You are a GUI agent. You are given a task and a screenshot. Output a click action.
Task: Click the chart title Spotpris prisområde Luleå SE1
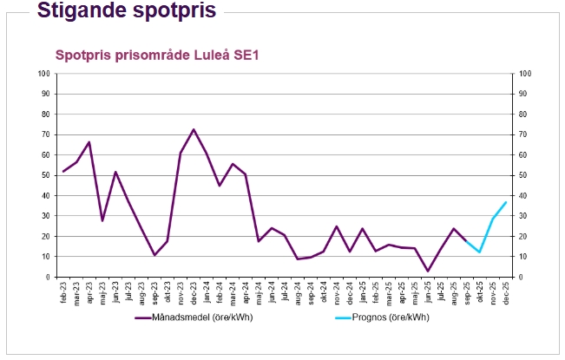click(158, 55)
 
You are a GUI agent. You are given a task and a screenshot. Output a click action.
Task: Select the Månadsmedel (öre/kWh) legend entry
click(194, 317)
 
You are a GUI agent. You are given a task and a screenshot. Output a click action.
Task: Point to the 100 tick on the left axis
click(43, 73)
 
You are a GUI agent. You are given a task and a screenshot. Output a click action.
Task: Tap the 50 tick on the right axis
click(524, 175)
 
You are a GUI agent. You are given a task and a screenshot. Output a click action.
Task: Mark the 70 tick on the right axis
click(524, 134)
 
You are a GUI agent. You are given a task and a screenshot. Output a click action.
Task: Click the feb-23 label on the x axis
click(63, 291)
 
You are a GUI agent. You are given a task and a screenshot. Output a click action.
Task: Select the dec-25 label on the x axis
click(505, 291)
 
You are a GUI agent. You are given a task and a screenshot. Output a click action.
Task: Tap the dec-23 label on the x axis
click(194, 291)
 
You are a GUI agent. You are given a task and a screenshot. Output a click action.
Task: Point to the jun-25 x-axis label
click(427, 291)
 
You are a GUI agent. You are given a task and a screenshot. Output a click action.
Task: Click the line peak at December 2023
click(194, 129)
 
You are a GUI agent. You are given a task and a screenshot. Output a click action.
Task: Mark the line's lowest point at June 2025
click(427, 271)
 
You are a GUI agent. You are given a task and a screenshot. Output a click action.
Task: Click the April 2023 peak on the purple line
click(89, 142)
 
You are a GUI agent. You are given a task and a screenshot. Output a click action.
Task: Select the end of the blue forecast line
click(505, 202)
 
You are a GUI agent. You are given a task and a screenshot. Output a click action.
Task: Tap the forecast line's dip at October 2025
click(479, 252)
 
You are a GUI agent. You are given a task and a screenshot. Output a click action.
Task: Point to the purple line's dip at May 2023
click(102, 220)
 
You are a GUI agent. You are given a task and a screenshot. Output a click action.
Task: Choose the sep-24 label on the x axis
click(311, 291)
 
